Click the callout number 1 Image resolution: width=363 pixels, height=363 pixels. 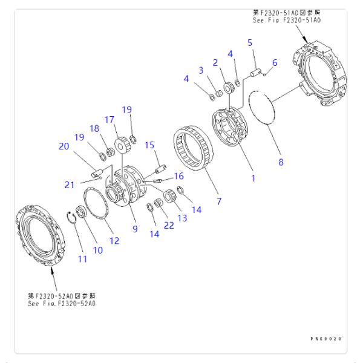click(x=253, y=178)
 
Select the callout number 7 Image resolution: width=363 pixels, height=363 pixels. click(x=219, y=200)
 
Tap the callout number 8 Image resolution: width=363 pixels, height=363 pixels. click(x=281, y=162)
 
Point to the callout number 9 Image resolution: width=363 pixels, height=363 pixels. click(x=135, y=229)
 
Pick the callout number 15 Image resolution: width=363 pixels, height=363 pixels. click(x=149, y=145)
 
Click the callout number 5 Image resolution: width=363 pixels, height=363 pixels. click(x=249, y=42)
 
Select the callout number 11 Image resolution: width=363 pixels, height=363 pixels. click(x=82, y=259)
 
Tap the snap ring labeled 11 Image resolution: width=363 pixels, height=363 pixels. click(x=73, y=218)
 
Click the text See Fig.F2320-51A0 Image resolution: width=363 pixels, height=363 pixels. click(x=286, y=20)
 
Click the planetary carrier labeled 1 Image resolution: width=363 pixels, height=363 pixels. click(x=232, y=127)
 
